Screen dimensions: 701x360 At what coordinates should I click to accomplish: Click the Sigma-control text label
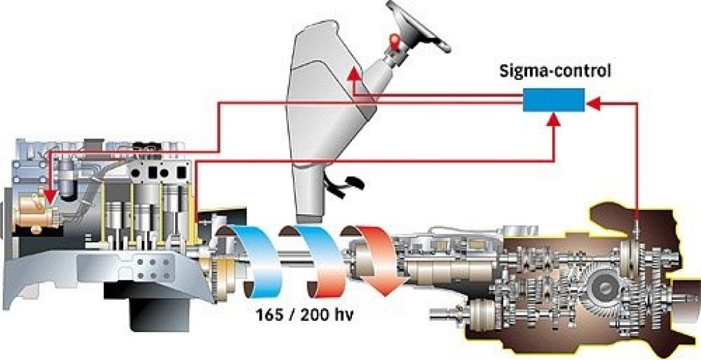555,72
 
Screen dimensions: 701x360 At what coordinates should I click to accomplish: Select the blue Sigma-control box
553,100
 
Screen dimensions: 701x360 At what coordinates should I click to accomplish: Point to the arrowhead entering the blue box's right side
593,104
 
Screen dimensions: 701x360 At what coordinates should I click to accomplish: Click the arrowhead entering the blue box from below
555,119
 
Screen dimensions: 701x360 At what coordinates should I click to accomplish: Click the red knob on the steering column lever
394,40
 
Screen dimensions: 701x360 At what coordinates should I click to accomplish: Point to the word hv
344,315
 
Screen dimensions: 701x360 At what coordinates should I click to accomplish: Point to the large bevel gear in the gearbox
606,291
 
